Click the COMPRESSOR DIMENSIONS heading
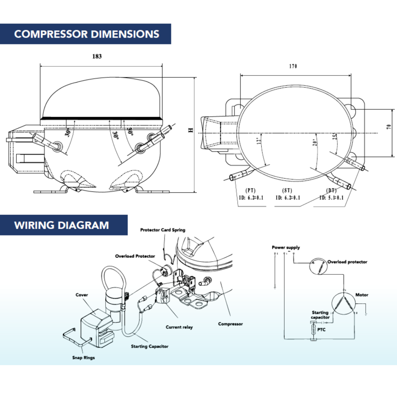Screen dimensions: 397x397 coord(87,34)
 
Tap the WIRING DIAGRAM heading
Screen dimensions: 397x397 coord(62,225)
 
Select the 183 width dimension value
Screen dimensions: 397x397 coord(97,56)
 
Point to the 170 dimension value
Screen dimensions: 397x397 coord(293,66)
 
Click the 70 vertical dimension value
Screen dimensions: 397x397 coord(389,127)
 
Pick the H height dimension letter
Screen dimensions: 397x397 coord(191,130)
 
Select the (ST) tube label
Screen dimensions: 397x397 coord(287,191)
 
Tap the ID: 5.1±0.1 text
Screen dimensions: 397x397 coord(331,198)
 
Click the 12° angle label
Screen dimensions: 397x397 coord(258,141)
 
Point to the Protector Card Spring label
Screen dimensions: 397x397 coord(163,230)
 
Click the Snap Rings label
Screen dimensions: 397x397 coord(84,358)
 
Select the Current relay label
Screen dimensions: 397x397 coord(179,327)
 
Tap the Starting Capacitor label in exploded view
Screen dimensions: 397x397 coord(150,346)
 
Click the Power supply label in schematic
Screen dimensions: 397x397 coord(286,247)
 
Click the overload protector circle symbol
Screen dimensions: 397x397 coord(318,266)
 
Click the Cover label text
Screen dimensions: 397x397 coord(82,295)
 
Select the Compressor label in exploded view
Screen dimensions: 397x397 coord(230,324)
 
